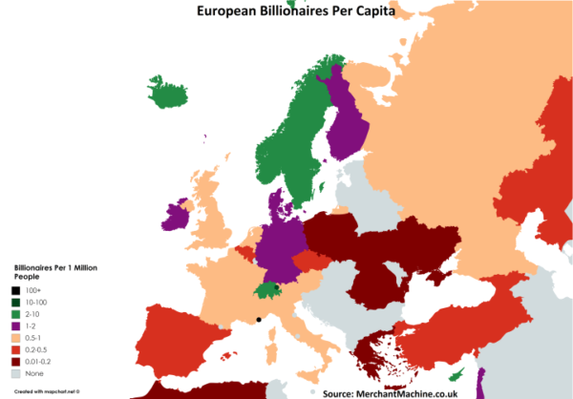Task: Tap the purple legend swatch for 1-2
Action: (17, 325)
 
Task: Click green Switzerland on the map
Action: (265, 290)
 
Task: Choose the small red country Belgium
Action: (246, 252)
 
